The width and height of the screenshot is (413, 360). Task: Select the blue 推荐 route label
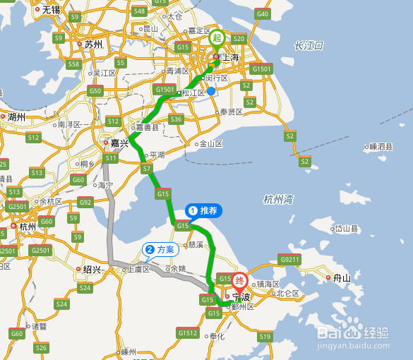[x=203, y=210]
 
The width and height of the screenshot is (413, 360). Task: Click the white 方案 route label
[x=161, y=249]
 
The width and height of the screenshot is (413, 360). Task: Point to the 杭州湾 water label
[x=278, y=199]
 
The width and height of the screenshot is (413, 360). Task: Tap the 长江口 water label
[x=309, y=46]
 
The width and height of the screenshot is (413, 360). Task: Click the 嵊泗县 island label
[x=381, y=147]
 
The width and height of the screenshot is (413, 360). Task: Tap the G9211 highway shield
[x=290, y=259]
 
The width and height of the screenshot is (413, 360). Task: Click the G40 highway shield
[x=263, y=13]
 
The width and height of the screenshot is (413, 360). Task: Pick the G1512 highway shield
[x=188, y=332]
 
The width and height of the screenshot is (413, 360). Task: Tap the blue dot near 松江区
[x=211, y=90]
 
